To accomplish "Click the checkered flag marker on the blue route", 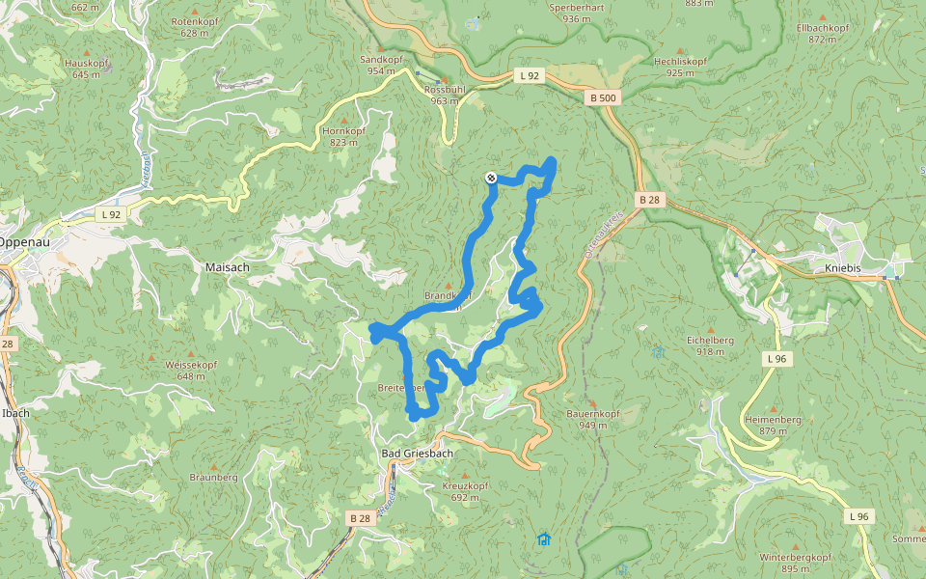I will pos(491,178).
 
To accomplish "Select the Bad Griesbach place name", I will pos(418,453).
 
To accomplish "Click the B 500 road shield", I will pos(603,98).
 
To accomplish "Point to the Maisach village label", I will pos(229,266).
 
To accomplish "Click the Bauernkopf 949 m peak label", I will pos(593,419).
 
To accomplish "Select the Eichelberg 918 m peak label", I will pos(710,345).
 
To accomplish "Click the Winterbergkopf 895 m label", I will pos(795,563).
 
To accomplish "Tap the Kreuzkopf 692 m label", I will pos(465,491).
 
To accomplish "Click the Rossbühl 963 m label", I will pos(445,95).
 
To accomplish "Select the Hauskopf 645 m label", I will pos(86,68).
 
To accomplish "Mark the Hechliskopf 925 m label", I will pos(680,66).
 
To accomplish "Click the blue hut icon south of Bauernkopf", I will pos(543,539).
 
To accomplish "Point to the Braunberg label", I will pos(213,478).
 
